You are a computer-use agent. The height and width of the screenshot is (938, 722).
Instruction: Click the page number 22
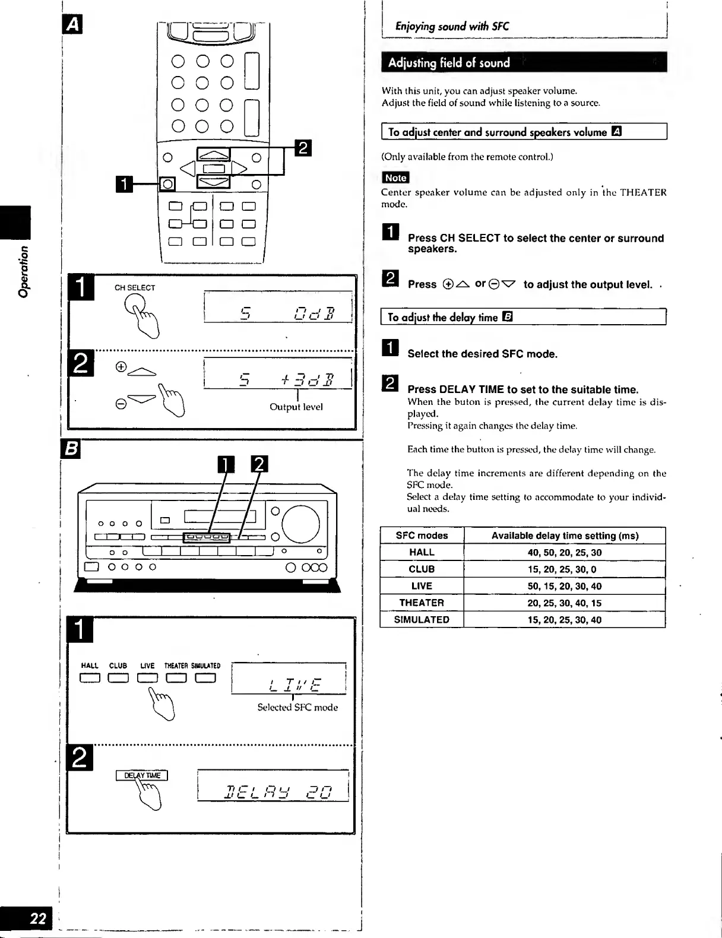[x=37, y=918]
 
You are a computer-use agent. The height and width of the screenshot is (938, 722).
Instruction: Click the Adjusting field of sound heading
[x=449, y=62]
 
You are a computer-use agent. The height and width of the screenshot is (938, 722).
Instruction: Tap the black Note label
[x=395, y=178]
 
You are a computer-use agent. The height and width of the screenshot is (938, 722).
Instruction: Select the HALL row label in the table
[x=422, y=552]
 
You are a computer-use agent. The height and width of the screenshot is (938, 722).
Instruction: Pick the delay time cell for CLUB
[x=564, y=569]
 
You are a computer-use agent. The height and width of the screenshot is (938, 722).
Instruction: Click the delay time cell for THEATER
[x=564, y=603]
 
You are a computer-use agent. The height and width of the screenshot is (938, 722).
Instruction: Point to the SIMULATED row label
[x=422, y=619]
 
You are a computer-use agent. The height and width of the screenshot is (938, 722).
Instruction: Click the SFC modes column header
[x=422, y=535]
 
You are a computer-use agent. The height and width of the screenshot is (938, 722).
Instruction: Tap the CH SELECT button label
[x=135, y=288]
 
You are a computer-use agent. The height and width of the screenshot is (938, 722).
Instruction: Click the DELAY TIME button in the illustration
[x=142, y=775]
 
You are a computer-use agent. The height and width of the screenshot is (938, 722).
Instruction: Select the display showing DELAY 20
[x=273, y=786]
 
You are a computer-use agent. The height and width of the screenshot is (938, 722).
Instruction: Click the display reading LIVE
[x=289, y=679]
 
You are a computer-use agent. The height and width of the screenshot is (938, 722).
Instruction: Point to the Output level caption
[x=296, y=407]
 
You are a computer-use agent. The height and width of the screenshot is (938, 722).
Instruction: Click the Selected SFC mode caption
[x=297, y=707]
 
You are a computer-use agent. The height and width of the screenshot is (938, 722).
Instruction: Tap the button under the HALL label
[x=90, y=678]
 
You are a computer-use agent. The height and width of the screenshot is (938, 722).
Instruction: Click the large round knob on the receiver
[x=300, y=524]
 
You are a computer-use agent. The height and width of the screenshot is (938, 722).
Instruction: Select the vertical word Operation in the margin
[x=23, y=271]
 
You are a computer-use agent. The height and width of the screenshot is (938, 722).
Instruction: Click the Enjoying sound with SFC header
[x=452, y=26]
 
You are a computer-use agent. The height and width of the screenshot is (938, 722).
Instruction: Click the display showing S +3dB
[x=278, y=373]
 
